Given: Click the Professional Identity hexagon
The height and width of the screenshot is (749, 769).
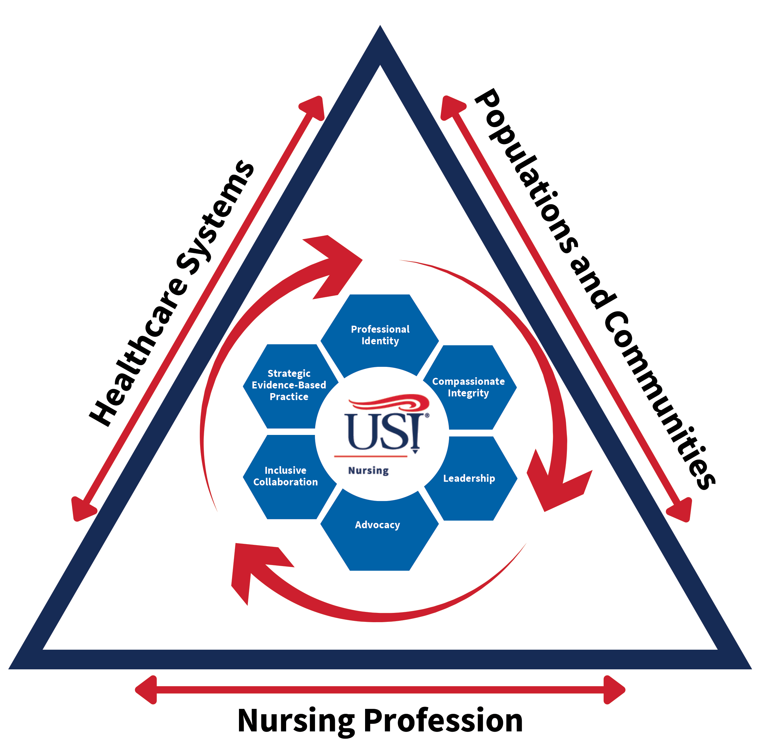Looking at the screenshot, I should [380, 334].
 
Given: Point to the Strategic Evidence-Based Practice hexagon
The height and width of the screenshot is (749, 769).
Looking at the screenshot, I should [289, 385].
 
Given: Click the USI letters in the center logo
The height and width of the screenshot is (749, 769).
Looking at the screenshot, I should [384, 432].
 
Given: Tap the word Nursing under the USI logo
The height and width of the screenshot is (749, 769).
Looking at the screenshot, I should [369, 470].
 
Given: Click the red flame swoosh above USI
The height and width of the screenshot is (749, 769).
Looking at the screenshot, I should [389, 403].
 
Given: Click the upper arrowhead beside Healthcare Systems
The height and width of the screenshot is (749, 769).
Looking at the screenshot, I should [314, 106].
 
